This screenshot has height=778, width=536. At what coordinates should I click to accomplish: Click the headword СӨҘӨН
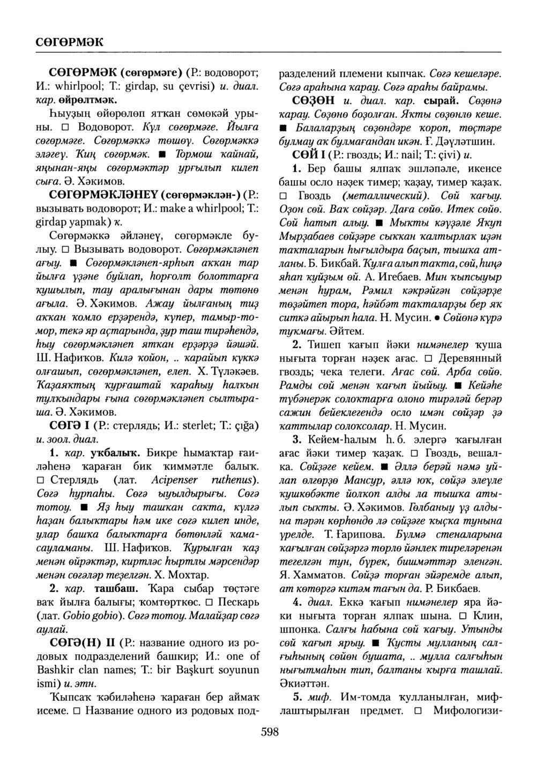pyautogui.click(x=312, y=100)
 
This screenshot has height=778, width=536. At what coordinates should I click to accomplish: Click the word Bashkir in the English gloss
pyautogui.click(x=54, y=670)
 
